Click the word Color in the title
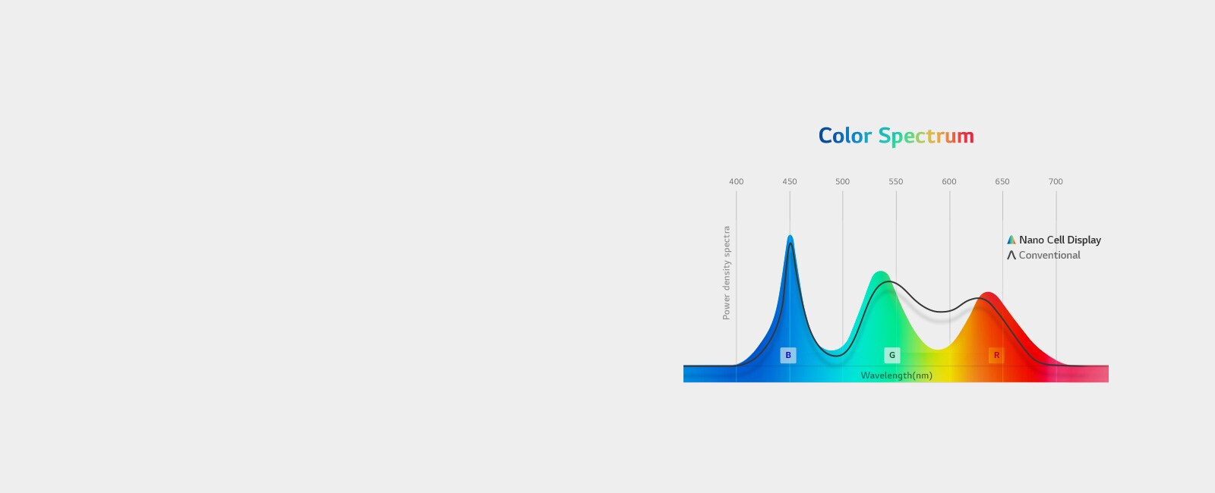pos(844,136)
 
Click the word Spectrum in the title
pos(926,137)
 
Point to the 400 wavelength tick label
pos(736,181)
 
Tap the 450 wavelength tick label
pos(789,181)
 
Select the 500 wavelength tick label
pos(842,181)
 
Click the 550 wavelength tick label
pos(895,181)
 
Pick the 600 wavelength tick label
pos(948,181)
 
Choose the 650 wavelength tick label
pos(1002,181)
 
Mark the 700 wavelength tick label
pos(1055,181)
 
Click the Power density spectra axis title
pos(726,273)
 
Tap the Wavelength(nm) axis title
pos(897,375)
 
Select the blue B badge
pos(788,356)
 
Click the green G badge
pos(892,356)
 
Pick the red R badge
pos(996,356)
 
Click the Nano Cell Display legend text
pos(1060,240)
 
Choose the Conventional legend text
pos(1049,255)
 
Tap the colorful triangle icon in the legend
pos(1011,240)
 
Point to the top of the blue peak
pos(791,235)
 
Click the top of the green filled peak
pos(880,272)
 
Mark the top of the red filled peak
pos(988,293)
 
